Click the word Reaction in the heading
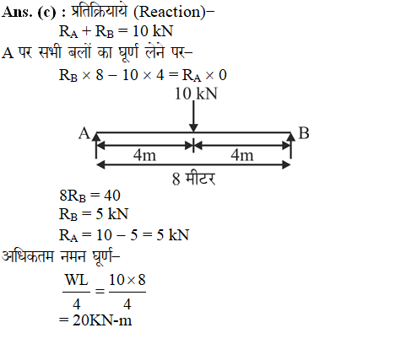170,12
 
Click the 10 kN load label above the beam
196,94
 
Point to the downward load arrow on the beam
193,116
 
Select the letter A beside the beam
84,133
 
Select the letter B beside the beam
304,133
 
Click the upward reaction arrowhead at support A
96,137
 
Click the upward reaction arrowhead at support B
290,137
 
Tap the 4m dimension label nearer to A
144,155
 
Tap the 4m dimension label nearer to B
242,155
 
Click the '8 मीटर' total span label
194,179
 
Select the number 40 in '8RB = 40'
112,196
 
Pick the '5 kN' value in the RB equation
112,214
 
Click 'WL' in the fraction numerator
77,280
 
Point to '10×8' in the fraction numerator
127,280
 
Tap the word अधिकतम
28,255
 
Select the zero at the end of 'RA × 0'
223,75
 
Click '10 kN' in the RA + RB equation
153,31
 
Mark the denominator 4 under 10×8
127,304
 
